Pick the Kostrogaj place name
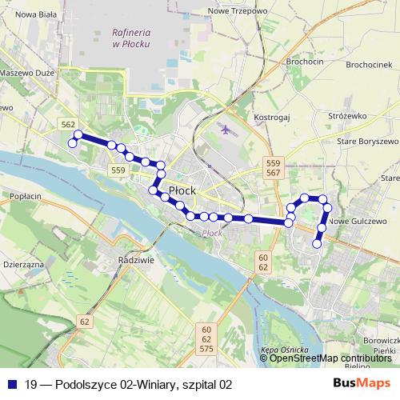point(270,118)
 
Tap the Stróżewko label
point(347,116)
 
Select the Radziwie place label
point(134,261)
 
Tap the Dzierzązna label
point(22,262)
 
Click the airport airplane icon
point(225,128)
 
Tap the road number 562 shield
point(69,124)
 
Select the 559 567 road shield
point(273,168)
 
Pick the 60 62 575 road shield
point(206,339)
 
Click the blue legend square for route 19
point(12,384)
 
